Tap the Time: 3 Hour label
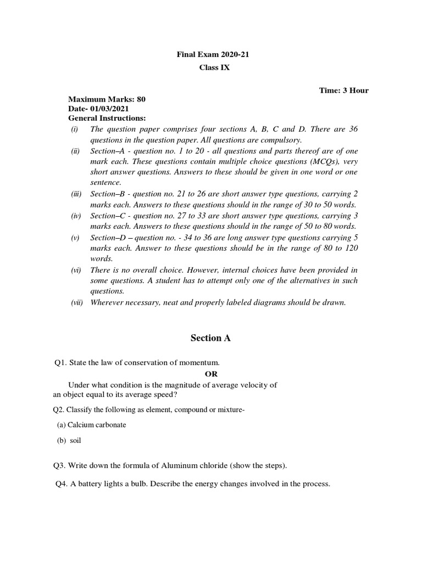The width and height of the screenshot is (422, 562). [344, 91]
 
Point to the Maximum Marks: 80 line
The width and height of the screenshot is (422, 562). [107, 100]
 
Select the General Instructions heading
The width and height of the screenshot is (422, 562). [107, 117]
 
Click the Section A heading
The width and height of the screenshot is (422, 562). [210, 338]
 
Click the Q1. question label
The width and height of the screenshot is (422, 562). [60, 362]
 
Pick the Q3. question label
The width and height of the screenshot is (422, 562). [60, 466]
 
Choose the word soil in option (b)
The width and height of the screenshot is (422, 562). [75, 441]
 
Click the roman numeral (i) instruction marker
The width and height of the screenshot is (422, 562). [74, 129]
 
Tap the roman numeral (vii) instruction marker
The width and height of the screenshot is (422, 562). [76, 302]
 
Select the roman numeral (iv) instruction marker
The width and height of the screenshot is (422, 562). [75, 216]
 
